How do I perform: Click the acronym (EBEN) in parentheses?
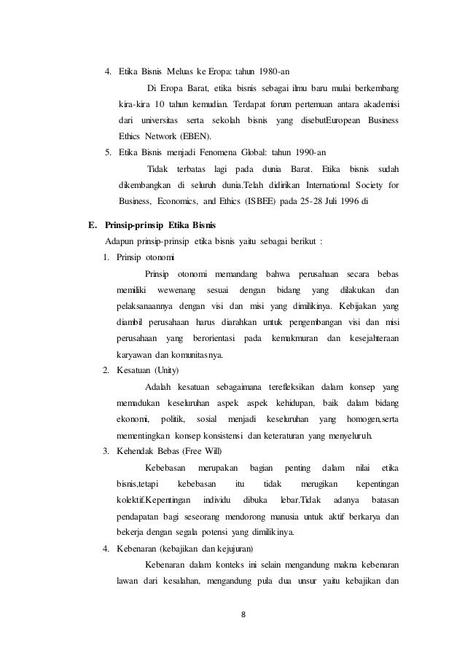[x=193, y=136]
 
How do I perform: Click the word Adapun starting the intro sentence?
[x=121, y=241]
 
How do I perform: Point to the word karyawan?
[x=137, y=355]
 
